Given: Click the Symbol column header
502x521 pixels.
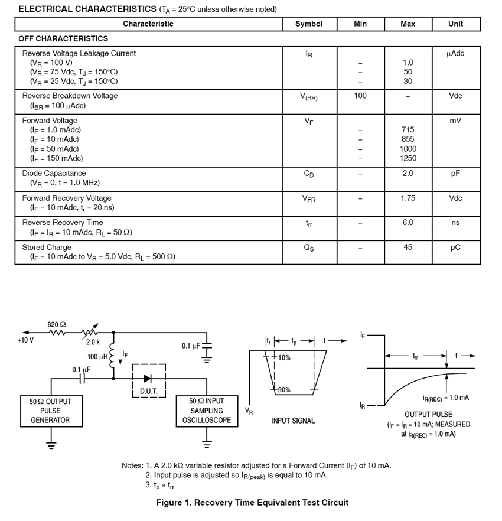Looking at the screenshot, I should [x=309, y=24].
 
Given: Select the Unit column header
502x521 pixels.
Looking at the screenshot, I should [x=455, y=24].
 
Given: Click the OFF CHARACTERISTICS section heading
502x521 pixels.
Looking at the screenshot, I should [x=64, y=38].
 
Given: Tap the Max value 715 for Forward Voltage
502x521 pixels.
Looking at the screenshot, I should [x=408, y=130].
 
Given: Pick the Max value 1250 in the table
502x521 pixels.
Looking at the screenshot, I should [x=408, y=158].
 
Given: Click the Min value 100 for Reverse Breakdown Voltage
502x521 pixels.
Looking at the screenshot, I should [x=360, y=96].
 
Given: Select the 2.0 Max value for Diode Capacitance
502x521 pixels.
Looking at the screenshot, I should [x=408, y=174].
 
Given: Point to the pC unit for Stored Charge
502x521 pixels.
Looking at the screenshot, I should [x=455, y=248].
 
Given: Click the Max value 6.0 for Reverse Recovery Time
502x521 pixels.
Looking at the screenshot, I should [x=408, y=223].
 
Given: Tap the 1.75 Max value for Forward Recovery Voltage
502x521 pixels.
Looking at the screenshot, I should [x=408, y=198].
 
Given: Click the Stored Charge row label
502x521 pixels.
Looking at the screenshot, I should [x=47, y=248].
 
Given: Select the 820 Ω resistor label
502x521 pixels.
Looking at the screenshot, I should [x=57, y=324].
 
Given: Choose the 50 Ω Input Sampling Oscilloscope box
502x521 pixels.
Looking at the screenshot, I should [x=207, y=411].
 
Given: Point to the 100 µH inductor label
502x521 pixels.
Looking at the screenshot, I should [x=97, y=357].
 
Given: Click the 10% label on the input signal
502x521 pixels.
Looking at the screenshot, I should [x=284, y=358].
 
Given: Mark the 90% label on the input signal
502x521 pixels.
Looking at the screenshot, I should [x=284, y=390].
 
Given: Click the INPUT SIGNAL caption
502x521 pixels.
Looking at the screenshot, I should [x=293, y=421].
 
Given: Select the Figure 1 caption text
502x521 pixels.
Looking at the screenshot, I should [x=252, y=503].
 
